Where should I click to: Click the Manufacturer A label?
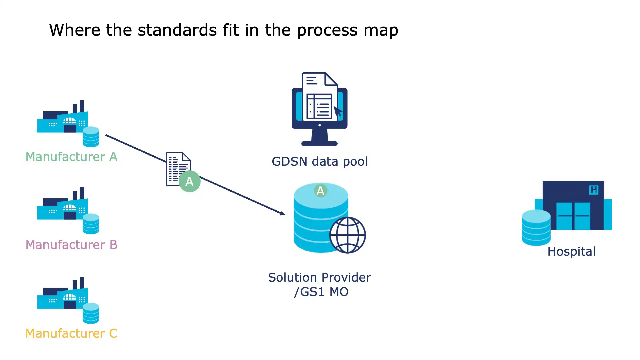pyautogui.click(x=71, y=157)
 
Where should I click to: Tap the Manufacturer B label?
pyautogui.click(x=71, y=245)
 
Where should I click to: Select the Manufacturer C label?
pyautogui.click(x=71, y=333)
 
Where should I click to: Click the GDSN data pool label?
pyautogui.click(x=319, y=162)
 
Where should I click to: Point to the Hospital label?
pyautogui.click(x=571, y=252)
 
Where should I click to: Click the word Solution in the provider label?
pyautogui.click(x=292, y=278)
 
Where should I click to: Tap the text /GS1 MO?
pyautogui.click(x=321, y=292)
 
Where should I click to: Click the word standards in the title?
pyautogui.click(x=177, y=30)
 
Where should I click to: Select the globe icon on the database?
pyautogui.click(x=348, y=235)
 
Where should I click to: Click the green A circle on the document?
pyautogui.click(x=189, y=181)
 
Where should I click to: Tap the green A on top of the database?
pyautogui.click(x=320, y=191)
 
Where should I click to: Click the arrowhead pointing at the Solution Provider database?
pyautogui.click(x=282, y=213)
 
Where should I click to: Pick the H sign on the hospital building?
pyautogui.click(x=594, y=190)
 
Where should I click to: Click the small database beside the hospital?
pyautogui.click(x=536, y=228)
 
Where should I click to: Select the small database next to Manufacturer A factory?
pyautogui.click(x=91, y=137)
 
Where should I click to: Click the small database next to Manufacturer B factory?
pyautogui.click(x=91, y=224)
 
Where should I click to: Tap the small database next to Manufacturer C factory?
pyautogui.click(x=91, y=313)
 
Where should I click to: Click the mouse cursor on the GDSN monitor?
pyautogui.click(x=338, y=111)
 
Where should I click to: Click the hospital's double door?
pyautogui.click(x=573, y=216)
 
